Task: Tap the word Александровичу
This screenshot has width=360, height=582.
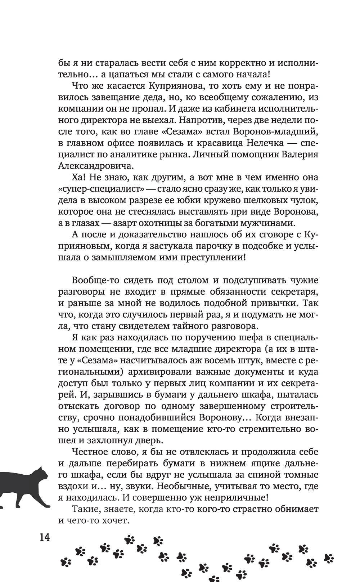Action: pyautogui.click(x=95, y=166)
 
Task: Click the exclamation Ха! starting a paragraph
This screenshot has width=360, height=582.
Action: pyautogui.click(x=80, y=178)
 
